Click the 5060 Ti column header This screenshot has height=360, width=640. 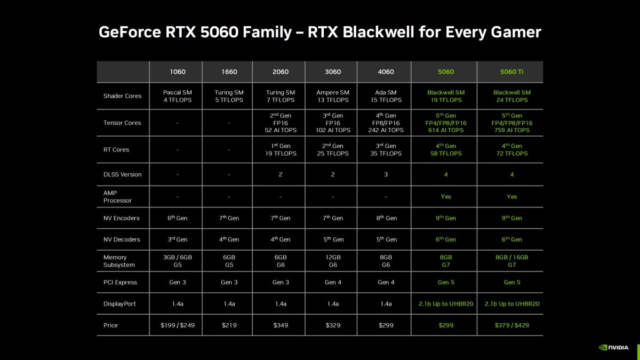point(511,72)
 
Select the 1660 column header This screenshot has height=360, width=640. point(229,72)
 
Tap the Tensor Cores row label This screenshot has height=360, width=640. point(122,123)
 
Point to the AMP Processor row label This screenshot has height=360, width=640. point(117,197)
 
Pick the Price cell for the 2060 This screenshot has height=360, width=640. point(281,325)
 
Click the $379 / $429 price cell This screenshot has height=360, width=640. point(511,325)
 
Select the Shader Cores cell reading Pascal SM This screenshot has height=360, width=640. point(178,96)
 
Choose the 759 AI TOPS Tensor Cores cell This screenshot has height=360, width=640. point(511,123)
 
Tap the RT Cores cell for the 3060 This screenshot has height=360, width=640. point(333,150)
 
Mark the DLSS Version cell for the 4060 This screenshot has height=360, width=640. point(386,174)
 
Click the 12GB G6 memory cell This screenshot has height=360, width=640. point(333,261)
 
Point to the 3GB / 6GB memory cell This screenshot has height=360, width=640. point(178,261)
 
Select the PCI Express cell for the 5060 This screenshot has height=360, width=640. point(446,282)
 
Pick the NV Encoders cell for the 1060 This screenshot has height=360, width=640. point(178,218)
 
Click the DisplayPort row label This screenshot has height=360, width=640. point(119,304)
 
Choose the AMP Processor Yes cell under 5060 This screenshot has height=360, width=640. point(446,197)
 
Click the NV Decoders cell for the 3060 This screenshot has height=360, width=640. point(333,239)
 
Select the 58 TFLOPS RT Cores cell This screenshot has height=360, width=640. point(446,150)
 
